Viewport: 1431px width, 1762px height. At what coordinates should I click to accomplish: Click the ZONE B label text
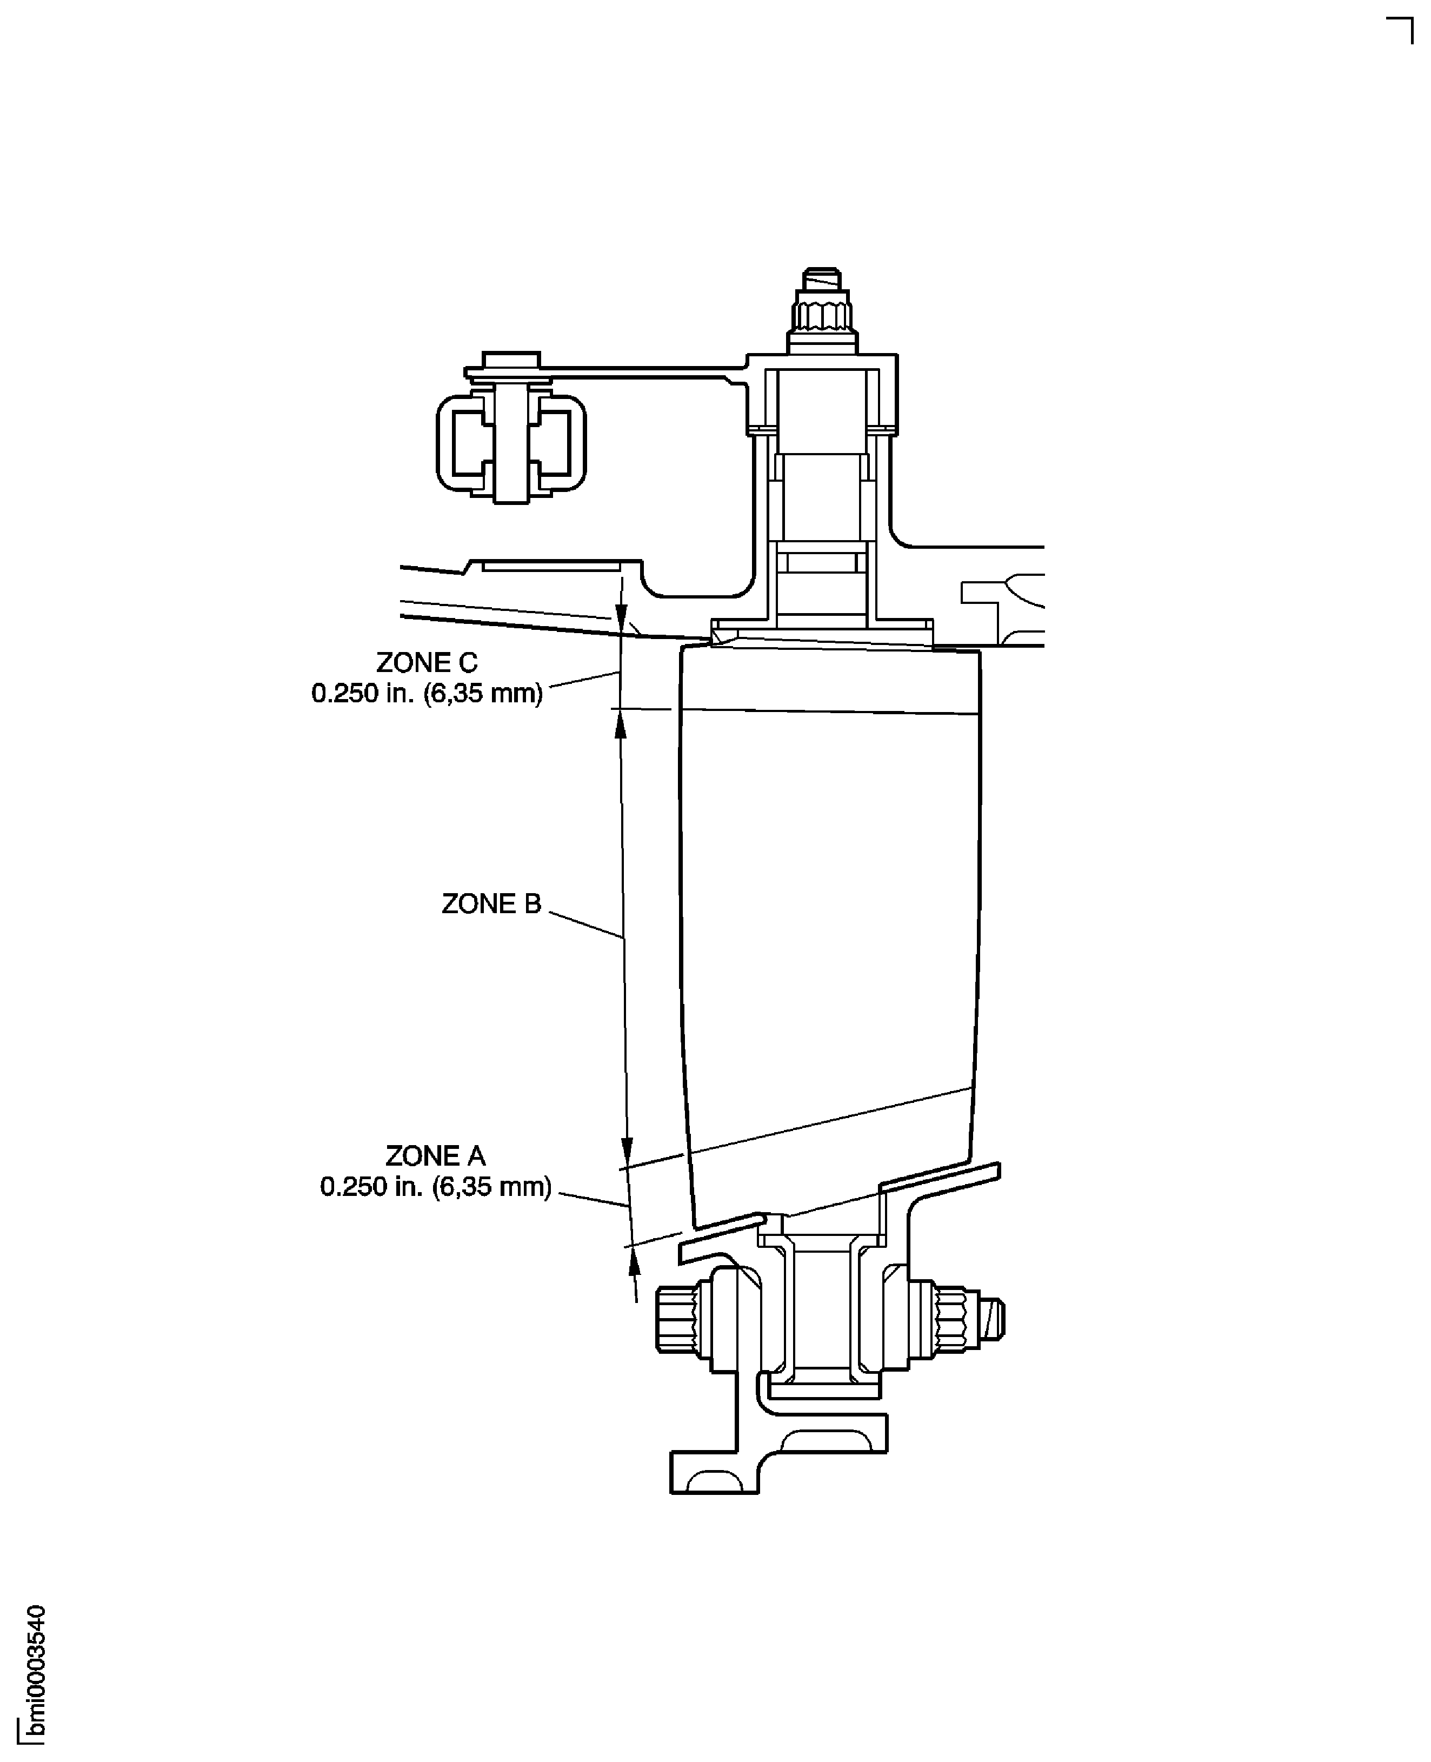(491, 903)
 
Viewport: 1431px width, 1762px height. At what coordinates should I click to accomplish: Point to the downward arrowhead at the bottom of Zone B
(627, 1148)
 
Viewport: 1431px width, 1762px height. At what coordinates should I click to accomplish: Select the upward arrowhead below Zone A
(633, 1259)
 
